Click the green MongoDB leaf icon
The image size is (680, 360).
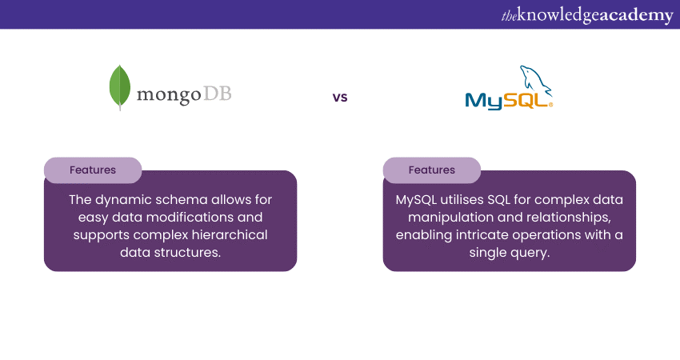point(120,87)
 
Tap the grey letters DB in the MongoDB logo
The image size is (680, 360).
point(218,94)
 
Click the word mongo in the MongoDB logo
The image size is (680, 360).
point(169,95)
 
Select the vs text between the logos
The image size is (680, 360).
point(340,97)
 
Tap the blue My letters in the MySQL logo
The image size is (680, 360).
point(483,101)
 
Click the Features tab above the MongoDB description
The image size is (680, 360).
point(93,170)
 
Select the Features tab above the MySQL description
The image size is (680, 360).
point(432,170)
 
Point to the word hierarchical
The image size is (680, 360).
point(230,234)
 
